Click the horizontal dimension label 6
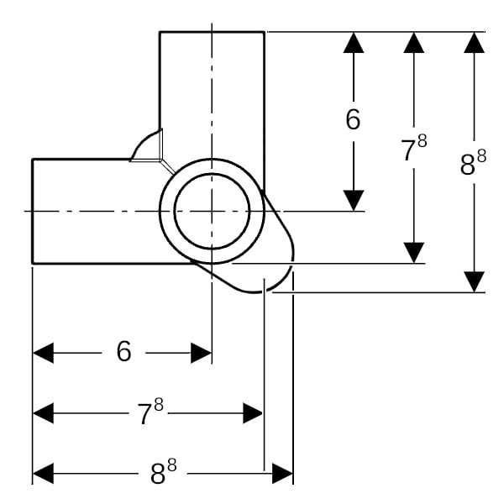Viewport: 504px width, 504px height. (124, 353)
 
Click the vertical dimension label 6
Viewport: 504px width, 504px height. (354, 120)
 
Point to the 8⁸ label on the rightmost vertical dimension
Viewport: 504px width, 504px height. (474, 163)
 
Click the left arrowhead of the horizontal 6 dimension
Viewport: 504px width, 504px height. (43, 353)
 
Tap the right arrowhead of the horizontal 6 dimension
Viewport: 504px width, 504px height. (202, 353)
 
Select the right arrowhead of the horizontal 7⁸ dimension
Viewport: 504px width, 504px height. (253, 412)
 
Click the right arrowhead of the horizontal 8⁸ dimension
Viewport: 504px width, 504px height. (283, 474)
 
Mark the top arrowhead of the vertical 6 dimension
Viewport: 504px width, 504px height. (354, 43)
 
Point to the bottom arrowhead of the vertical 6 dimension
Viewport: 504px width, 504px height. (354, 200)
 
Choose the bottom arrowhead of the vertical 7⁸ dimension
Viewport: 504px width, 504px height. (413, 252)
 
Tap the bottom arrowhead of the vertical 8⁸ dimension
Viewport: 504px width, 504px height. (475, 282)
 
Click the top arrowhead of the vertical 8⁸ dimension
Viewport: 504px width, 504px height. (475, 43)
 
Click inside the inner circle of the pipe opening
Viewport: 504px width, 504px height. (212, 211)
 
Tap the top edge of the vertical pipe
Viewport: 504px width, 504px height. (212, 32)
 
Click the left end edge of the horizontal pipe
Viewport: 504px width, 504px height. (32, 211)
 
